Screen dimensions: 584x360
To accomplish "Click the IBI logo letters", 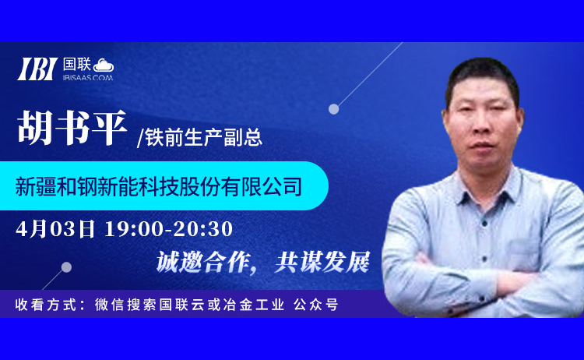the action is [x=37, y=69].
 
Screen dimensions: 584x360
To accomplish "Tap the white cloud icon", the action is [x=104, y=65].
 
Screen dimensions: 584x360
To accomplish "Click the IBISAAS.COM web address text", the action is [x=88, y=77].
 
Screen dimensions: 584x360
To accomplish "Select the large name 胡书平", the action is [x=72, y=128].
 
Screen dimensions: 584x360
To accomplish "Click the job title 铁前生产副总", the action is [x=204, y=137].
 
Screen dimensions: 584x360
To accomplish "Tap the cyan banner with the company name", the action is [x=164, y=185].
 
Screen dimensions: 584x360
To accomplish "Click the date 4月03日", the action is [x=55, y=228].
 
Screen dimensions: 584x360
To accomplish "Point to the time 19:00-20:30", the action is [x=169, y=228].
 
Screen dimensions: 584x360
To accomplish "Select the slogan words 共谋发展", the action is [x=322, y=262].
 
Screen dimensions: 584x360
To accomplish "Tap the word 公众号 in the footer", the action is [x=316, y=305].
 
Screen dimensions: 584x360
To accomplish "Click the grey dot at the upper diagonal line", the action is [x=334, y=109].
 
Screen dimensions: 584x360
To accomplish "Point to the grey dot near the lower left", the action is [x=66, y=267].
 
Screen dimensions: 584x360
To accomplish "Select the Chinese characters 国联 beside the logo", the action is [x=77, y=65].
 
